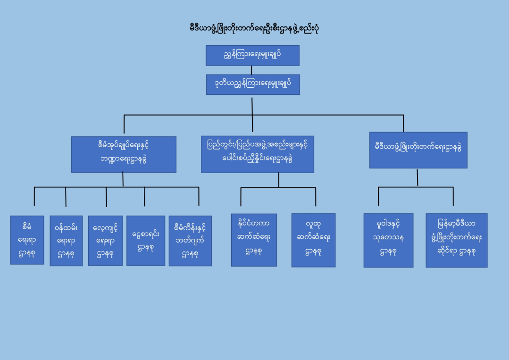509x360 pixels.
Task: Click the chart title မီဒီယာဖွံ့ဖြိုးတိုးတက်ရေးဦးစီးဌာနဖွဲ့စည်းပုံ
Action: click(254, 29)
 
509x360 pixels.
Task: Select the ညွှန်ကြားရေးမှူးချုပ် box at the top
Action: click(252, 55)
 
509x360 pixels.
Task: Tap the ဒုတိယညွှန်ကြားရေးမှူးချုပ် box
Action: click(252, 84)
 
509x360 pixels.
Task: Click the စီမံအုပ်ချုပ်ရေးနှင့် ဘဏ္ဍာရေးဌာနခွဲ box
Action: click(124, 154)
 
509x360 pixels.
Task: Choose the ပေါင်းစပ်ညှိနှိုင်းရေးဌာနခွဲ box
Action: click(257, 154)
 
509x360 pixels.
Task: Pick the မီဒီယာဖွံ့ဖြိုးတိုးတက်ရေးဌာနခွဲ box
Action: click(418, 150)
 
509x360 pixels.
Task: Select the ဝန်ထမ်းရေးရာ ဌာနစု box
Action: click(66, 241)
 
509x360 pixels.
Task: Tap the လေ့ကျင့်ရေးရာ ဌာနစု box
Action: click(105, 241)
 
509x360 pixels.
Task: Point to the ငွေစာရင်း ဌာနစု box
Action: click(145, 241)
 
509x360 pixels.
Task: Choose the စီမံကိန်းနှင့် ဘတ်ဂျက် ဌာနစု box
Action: click(190, 241)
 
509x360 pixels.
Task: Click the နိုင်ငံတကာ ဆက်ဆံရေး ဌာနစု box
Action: click(254, 240)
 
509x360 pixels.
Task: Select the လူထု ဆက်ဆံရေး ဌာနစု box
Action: click(313, 240)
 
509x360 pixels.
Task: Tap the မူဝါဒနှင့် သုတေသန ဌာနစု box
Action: click(388, 240)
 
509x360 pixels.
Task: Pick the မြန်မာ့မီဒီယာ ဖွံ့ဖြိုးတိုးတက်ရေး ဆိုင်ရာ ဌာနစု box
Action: click(456, 240)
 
